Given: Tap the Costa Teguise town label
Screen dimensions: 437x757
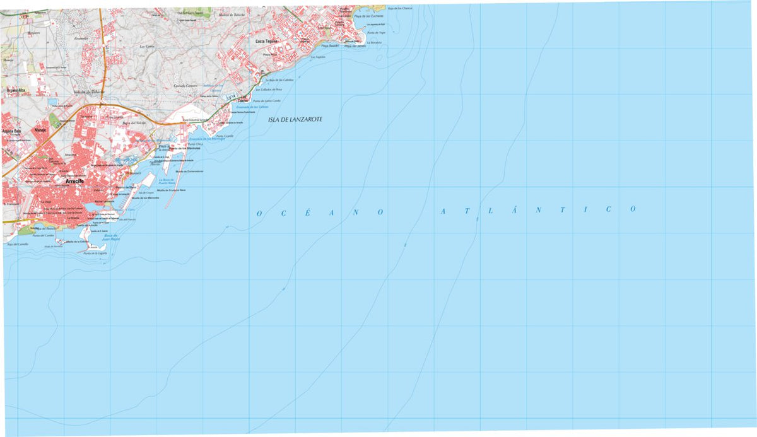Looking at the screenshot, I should pos(267,42).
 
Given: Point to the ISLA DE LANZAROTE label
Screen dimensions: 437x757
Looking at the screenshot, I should pos(295,119).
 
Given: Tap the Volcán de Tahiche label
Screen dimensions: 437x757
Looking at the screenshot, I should pos(88,92).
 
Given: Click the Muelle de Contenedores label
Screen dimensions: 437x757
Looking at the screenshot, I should pos(189,171).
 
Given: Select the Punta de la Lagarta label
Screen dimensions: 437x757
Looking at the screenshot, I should pos(95,253).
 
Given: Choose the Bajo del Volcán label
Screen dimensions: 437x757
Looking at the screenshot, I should pos(134,123).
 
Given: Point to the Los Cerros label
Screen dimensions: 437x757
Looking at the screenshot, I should pos(147,46).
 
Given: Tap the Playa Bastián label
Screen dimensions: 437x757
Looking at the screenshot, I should pos(330,46).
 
